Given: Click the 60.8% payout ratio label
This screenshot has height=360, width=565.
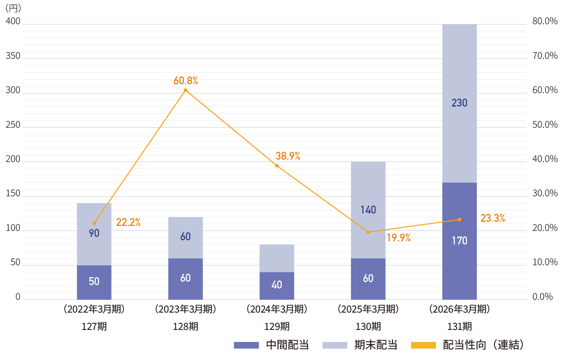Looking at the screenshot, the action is click(186, 81).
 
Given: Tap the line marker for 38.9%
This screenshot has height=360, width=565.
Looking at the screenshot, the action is click(277, 166).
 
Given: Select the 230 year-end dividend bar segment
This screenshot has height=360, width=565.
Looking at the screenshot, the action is click(459, 103).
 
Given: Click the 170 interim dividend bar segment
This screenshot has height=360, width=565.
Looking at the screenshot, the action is click(459, 241).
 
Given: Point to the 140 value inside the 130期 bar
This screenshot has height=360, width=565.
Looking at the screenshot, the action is click(368, 210).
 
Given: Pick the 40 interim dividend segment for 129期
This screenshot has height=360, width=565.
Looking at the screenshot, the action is click(277, 286).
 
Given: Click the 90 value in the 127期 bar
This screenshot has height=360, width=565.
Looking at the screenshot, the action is click(94, 233).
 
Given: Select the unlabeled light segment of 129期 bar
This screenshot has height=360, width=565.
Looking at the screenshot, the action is click(277, 258).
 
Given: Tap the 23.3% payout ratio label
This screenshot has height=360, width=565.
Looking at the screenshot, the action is click(493, 218).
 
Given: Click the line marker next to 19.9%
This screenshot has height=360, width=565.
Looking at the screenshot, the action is click(368, 232).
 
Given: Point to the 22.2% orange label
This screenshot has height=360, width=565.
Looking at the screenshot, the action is click(128, 222).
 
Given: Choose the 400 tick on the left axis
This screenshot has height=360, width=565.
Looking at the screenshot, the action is click(13, 21).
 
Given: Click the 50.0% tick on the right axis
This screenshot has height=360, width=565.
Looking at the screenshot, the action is click(545, 125).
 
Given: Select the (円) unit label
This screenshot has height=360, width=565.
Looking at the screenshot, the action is click(13, 8).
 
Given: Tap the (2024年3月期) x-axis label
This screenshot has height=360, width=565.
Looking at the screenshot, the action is click(277, 309).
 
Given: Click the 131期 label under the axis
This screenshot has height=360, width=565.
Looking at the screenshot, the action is click(459, 326).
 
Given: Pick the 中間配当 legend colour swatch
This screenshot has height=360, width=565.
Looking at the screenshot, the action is click(246, 345).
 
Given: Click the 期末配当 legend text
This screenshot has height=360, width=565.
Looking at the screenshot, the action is click(376, 345).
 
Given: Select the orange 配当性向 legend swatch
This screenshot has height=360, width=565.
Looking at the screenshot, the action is click(423, 345).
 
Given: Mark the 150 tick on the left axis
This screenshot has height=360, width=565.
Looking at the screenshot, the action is click(13, 193).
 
